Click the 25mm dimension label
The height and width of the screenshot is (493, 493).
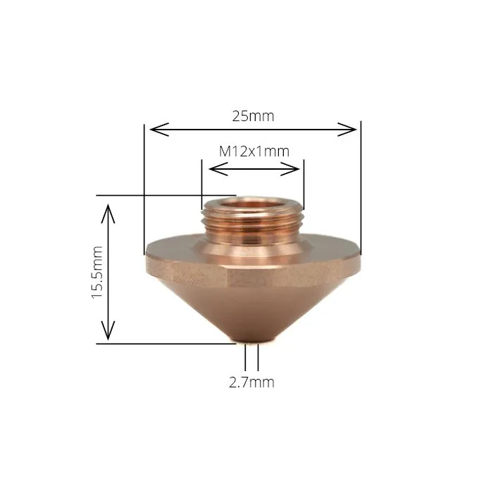coord(253,116)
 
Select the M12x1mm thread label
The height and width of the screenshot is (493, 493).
coord(254,151)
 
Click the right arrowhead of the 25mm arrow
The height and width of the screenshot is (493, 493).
coord(353,129)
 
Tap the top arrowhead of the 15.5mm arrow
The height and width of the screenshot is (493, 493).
coord(107,208)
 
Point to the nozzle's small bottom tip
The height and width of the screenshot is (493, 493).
coord(251,343)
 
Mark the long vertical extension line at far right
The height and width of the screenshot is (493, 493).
coord(361,183)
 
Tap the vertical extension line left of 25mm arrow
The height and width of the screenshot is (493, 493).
coord(144,183)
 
